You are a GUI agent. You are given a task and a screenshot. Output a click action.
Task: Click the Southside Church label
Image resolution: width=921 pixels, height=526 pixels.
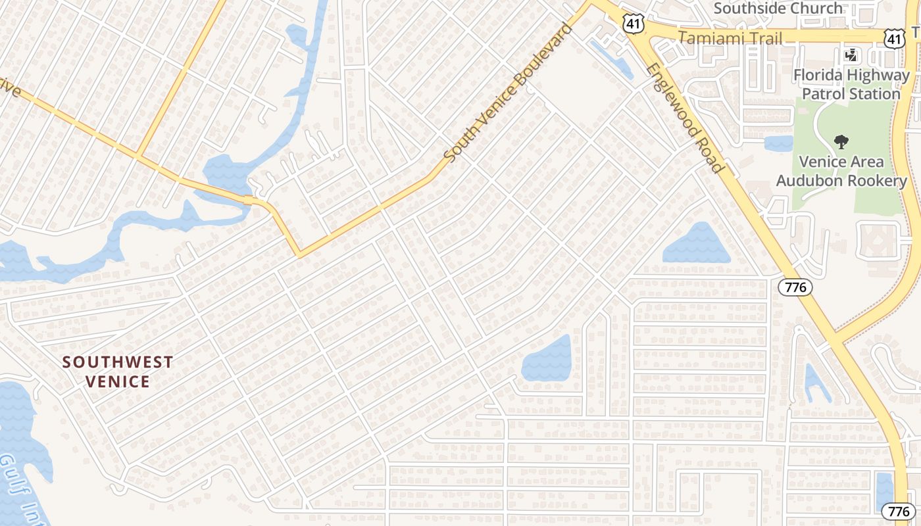pos(778,9)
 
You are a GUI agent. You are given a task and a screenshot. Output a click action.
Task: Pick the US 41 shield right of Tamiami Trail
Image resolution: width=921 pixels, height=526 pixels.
pos(893,39)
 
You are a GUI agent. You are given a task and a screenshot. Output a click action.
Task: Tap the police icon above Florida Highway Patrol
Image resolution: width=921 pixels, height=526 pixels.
pos(851,55)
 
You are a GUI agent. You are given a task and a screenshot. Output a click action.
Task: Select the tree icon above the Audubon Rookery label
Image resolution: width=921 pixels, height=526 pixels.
pos(841,141)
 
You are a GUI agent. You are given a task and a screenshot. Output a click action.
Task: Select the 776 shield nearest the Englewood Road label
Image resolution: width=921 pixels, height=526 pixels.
pos(795,287)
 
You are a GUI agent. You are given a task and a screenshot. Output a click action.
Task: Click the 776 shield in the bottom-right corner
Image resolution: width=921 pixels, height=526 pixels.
pos(899,511)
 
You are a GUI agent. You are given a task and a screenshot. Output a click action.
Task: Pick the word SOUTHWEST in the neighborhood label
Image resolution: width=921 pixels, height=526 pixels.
pos(118,362)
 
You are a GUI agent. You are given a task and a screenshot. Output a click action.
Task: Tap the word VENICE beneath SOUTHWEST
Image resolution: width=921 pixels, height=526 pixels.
pos(118,381)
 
